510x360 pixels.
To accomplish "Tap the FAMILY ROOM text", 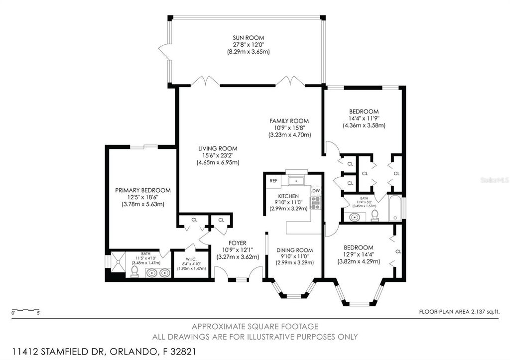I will click(x=289, y=121).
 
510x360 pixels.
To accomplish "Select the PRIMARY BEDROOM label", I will click(x=143, y=190).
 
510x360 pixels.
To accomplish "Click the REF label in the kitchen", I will click(x=273, y=181).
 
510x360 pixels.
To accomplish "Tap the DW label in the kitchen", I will click(x=316, y=191).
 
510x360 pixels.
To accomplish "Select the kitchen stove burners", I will click(x=315, y=202).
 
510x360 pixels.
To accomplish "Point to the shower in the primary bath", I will click(x=117, y=263).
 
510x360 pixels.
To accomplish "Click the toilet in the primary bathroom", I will click(x=134, y=271).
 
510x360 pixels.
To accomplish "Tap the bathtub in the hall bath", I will click(x=395, y=209).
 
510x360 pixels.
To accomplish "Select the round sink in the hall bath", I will click(x=354, y=217).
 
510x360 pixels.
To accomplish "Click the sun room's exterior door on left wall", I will click(x=163, y=49).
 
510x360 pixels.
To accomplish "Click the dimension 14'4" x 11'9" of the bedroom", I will click(x=364, y=119).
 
